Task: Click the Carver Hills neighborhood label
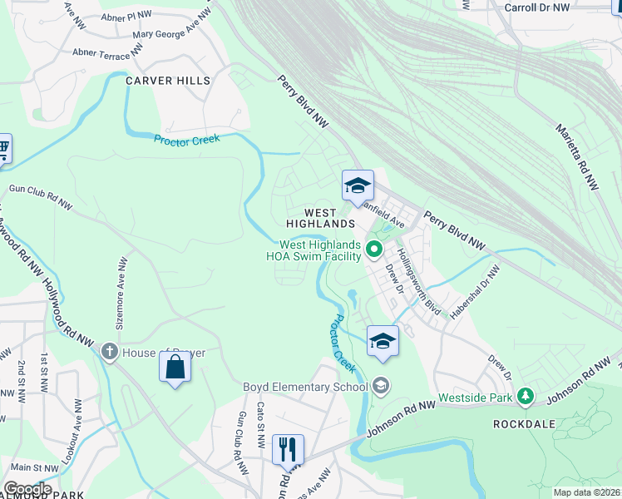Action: [x=168, y=81]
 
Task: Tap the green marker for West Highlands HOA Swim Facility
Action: [x=374, y=248]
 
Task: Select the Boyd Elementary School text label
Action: [x=304, y=386]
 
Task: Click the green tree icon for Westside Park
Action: [x=525, y=397]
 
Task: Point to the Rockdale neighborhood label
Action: [x=523, y=423]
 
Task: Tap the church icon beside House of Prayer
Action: [x=109, y=352]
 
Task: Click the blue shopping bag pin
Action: [x=175, y=366]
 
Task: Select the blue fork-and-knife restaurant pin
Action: [x=288, y=449]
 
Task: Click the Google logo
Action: [x=27, y=489]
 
